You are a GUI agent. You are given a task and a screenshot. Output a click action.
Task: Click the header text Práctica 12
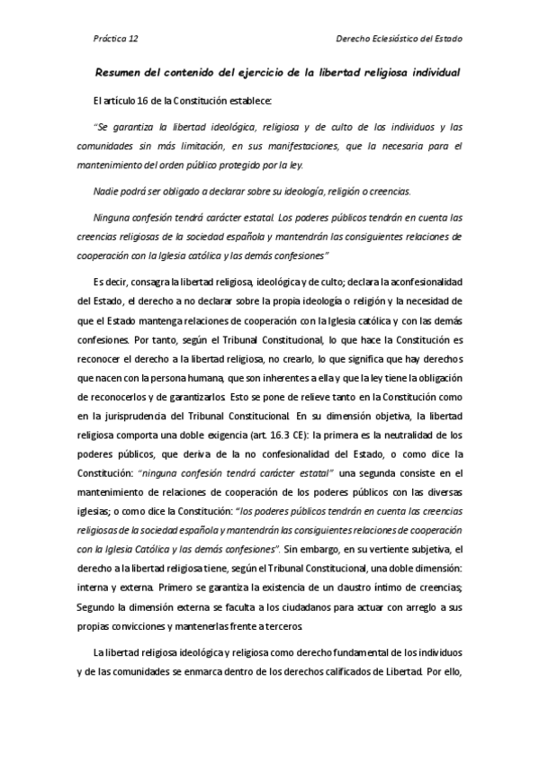pos(115,40)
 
